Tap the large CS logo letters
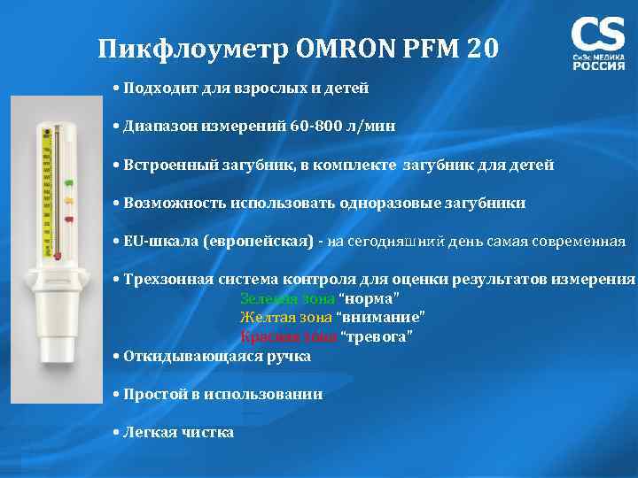click(x=598, y=36)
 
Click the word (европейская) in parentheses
click(x=260, y=242)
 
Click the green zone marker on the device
click(x=69, y=185)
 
